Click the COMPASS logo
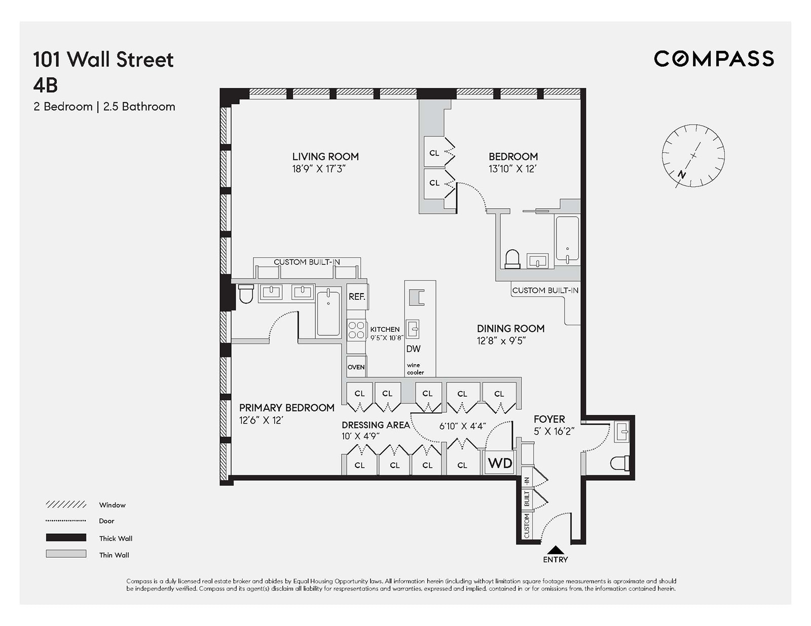pyautogui.click(x=714, y=59)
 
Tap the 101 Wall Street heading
pyautogui.click(x=103, y=60)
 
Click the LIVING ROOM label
pyautogui.click(x=325, y=156)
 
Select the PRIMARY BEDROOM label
pyautogui.click(x=286, y=408)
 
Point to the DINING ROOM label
pyautogui.click(x=510, y=328)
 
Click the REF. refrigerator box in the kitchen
pyautogui.click(x=357, y=297)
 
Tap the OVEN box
pyautogui.click(x=356, y=367)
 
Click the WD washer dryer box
pyautogui.click(x=500, y=463)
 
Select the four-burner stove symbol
pyautogui.click(x=356, y=330)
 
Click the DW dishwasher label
pyautogui.click(x=413, y=348)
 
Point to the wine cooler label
pyautogui.click(x=415, y=369)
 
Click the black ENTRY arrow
pyautogui.click(x=556, y=550)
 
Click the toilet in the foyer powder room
pyautogui.click(x=620, y=462)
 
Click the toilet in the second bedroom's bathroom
pyautogui.click(x=512, y=259)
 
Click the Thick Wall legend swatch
pyautogui.click(x=66, y=538)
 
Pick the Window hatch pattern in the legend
pyautogui.click(x=66, y=504)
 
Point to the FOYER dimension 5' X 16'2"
pyautogui.click(x=554, y=431)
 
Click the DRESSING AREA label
pyautogui.click(x=375, y=425)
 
